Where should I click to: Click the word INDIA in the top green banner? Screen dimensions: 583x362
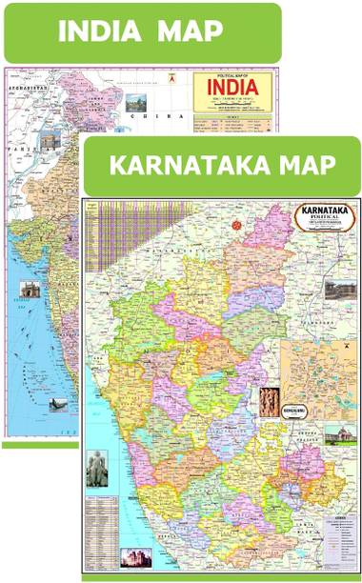coord(106,31)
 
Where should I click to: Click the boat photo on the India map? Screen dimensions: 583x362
coord(56,406)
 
